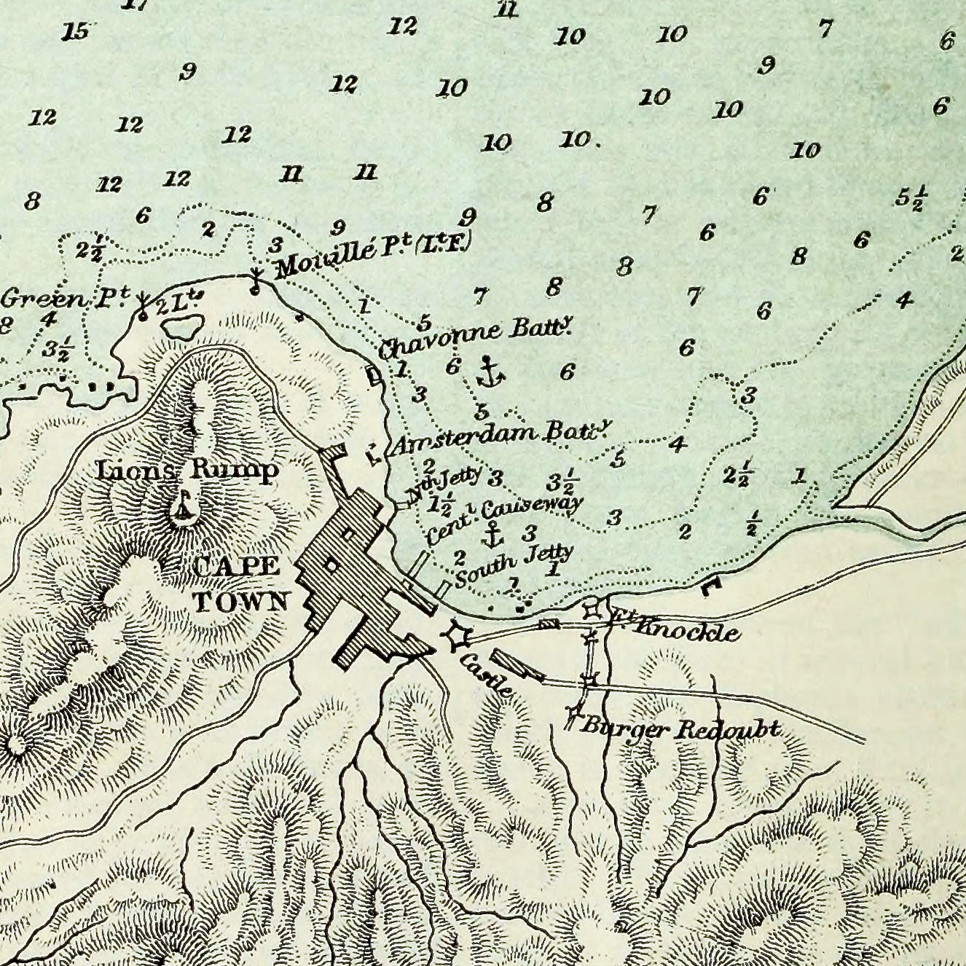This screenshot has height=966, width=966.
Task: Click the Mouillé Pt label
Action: click(373, 254)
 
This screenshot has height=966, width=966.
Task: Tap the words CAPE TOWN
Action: click(239, 584)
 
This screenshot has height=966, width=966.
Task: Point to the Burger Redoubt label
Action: click(681, 728)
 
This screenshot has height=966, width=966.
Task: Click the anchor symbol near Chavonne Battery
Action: click(490, 372)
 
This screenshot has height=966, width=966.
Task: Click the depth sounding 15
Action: click(76, 32)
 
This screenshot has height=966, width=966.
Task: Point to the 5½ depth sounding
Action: click(911, 198)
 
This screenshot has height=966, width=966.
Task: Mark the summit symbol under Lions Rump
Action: click(184, 507)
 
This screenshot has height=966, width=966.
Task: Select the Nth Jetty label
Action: click(445, 484)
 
